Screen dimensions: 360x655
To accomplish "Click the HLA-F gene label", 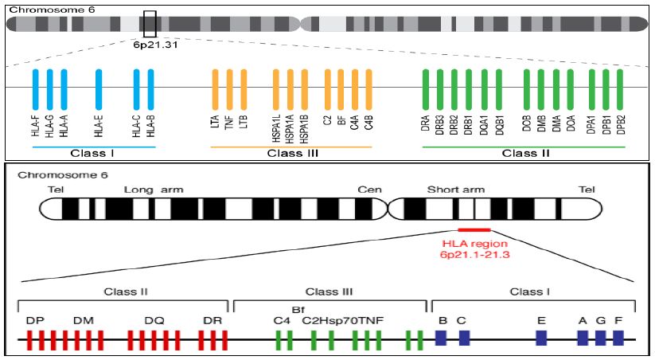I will click(x=36, y=127).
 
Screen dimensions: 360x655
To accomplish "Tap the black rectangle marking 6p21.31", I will click(x=150, y=24).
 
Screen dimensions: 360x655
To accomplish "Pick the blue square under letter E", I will click(x=541, y=338).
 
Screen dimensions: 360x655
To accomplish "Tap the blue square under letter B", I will click(x=441, y=338).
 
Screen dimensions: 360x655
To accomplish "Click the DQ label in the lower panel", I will click(x=154, y=320).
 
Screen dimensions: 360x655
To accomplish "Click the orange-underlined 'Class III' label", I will click(x=290, y=153).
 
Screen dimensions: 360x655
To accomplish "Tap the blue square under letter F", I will click(x=618, y=338).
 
